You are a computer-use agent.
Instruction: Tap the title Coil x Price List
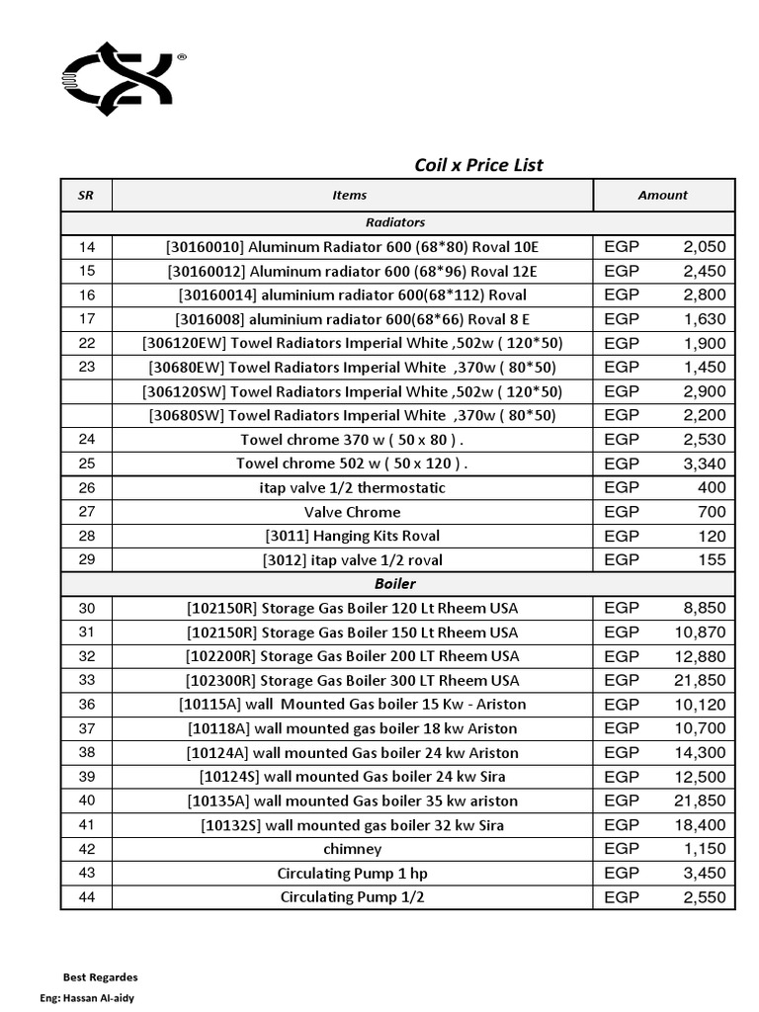[478, 165]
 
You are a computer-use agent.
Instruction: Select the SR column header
[86, 196]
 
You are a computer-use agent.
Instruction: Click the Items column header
[350, 196]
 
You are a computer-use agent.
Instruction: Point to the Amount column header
[662, 196]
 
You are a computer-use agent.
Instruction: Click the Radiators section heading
[395, 223]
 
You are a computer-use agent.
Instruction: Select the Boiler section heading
[395, 584]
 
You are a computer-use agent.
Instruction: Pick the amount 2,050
[704, 247]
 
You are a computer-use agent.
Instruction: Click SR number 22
[86, 343]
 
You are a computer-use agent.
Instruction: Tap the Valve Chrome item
[352, 512]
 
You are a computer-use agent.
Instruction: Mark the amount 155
[711, 560]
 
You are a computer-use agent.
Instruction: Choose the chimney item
[352, 849]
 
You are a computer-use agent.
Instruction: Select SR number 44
[86, 897]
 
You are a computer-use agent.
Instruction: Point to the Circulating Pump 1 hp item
[352, 874]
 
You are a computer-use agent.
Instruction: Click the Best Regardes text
[100, 977]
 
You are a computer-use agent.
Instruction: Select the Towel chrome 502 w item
[352, 464]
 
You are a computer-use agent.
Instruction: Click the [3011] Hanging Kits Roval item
[352, 537]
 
